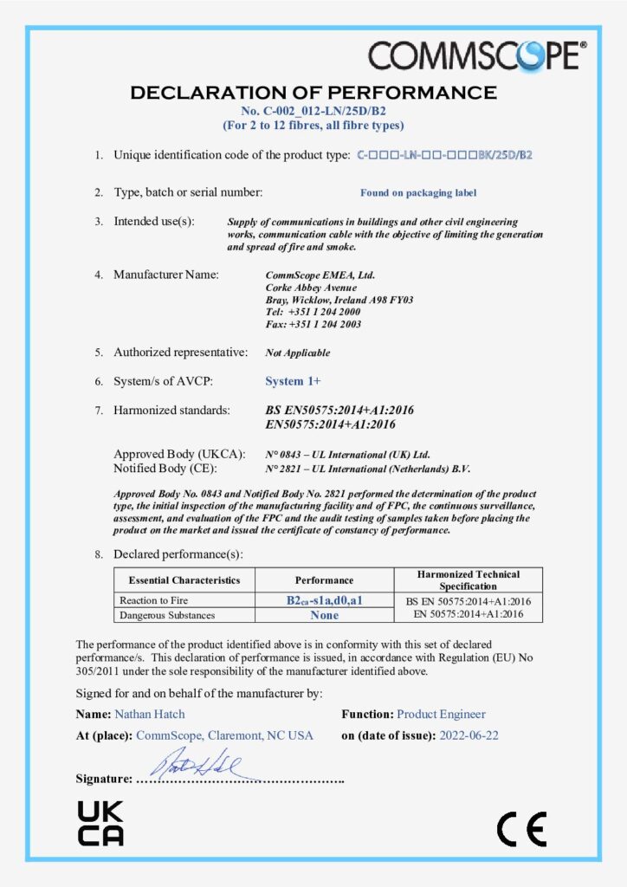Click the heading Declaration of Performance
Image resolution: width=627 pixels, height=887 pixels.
pos(313,93)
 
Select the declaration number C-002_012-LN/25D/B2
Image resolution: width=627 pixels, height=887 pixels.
pos(313,111)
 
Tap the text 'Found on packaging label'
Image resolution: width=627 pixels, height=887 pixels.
pos(418,193)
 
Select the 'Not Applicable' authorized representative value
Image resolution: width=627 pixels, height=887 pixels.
pos(297,353)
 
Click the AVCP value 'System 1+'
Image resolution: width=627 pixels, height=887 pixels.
pos(293,381)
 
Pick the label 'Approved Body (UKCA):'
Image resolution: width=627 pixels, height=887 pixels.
pos(180,454)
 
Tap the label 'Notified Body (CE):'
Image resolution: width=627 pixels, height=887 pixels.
pos(174,469)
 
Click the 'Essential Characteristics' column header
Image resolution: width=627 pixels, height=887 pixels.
pos(184,579)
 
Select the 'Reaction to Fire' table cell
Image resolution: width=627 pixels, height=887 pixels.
pos(150,600)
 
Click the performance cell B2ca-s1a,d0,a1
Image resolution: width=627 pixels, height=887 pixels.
pos(324,600)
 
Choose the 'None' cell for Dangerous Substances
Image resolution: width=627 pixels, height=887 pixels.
pos(324,615)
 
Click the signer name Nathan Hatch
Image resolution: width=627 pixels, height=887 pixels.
pos(149,715)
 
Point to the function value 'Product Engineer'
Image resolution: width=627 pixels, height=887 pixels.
pos(441,715)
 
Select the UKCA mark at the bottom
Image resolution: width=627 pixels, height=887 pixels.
pos(100,823)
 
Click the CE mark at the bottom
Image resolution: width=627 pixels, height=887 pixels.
pos(521,829)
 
